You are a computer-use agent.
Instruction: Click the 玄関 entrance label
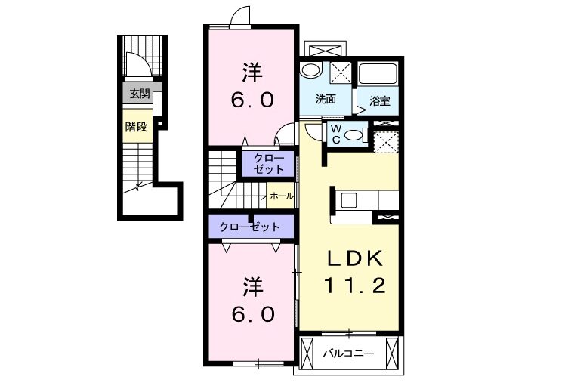[140, 94]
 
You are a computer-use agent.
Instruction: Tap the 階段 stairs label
[136, 127]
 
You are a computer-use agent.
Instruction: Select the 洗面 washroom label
[326, 99]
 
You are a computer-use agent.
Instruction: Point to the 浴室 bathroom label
[380, 101]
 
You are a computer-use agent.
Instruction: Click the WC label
[336, 134]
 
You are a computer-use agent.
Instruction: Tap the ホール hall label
[282, 196]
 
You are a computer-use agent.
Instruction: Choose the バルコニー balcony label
[348, 353]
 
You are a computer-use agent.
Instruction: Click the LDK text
[354, 258]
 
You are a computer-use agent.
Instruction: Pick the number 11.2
[355, 286]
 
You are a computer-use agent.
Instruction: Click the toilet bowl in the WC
[354, 135]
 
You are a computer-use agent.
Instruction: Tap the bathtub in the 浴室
[378, 74]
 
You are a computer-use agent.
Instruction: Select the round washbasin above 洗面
[311, 70]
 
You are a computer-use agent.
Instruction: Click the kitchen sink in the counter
[349, 200]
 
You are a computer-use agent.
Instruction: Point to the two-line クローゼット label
[269, 163]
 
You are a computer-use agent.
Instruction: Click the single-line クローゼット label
[249, 227]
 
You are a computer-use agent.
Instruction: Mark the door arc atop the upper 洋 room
[240, 16]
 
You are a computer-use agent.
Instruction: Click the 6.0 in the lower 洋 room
[252, 315]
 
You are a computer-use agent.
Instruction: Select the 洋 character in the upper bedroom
[252, 73]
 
